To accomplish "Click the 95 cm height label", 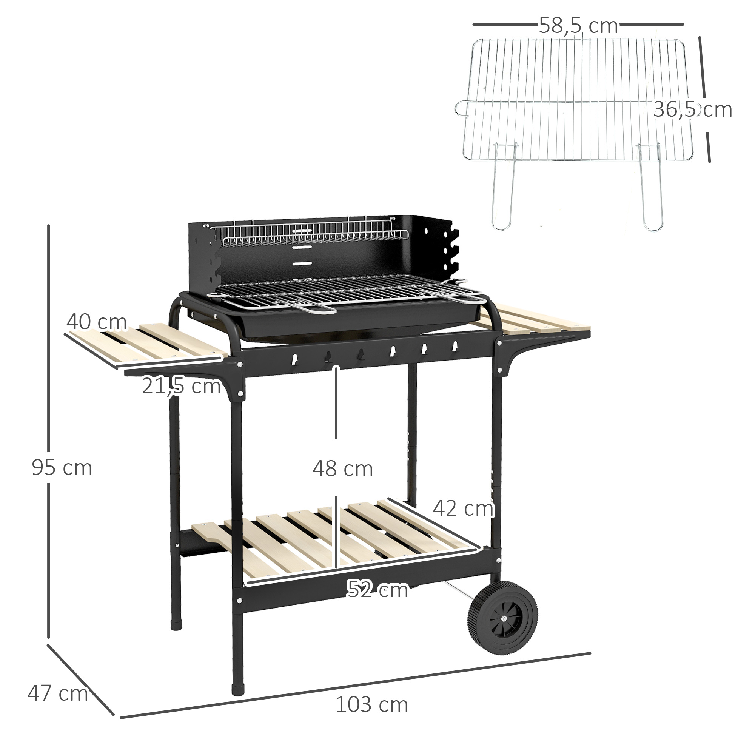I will tap(62, 468).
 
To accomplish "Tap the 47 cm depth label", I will tap(57, 693).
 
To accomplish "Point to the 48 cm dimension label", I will tap(342, 469).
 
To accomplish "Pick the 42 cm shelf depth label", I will tap(463, 508).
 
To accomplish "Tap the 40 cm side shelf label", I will tap(97, 322).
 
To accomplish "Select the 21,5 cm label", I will tap(181, 386).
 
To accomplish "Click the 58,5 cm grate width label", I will tap(578, 26).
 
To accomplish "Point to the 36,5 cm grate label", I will tap(692, 109).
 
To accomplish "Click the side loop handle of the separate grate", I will tap(462, 108).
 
